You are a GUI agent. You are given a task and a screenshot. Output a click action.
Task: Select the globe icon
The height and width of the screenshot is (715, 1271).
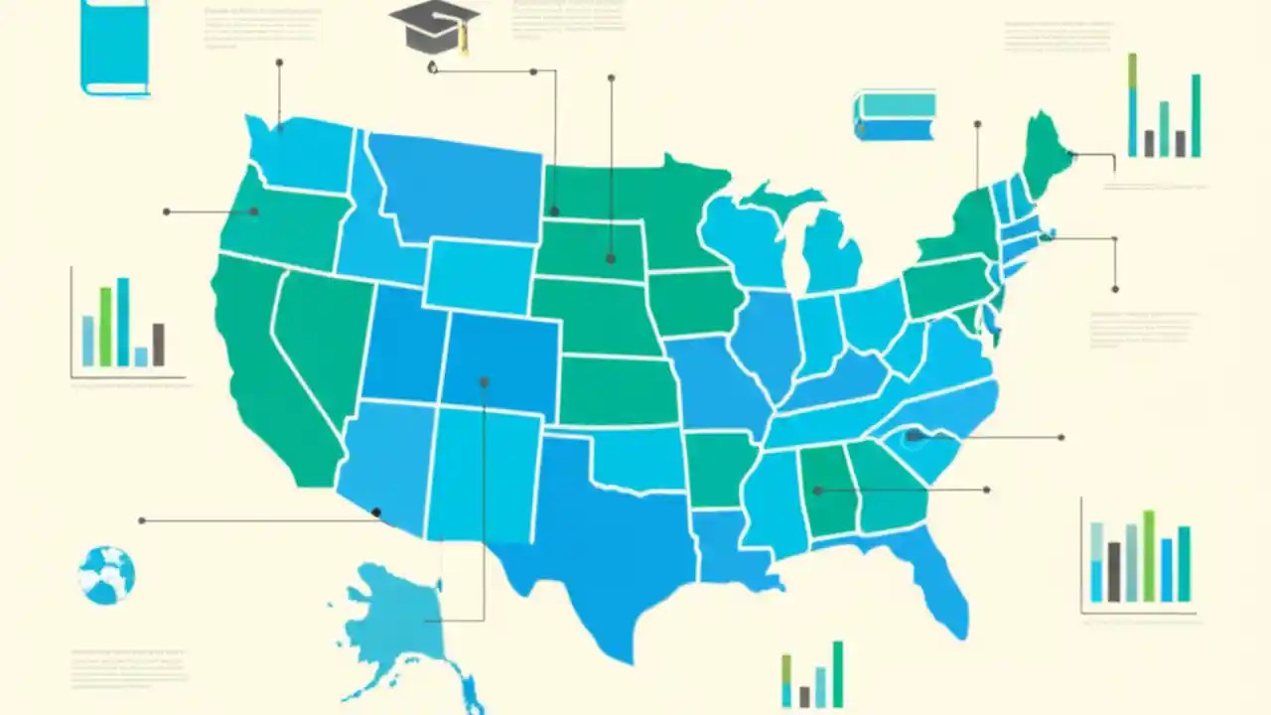click(106, 575)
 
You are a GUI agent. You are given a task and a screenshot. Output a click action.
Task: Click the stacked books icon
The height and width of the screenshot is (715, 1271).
click(895, 116)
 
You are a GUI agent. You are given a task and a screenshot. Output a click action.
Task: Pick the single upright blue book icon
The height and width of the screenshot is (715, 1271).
click(114, 46)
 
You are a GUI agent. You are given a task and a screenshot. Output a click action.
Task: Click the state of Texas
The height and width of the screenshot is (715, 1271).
click(596, 536)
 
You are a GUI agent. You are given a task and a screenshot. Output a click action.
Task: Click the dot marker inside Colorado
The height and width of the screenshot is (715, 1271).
click(485, 381)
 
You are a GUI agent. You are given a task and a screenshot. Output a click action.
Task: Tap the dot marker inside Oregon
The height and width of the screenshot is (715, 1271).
click(254, 212)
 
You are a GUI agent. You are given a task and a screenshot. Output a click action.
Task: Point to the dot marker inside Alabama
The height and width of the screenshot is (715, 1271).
click(818, 491)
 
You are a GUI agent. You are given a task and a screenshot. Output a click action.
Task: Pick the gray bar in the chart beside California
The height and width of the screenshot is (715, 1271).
click(158, 345)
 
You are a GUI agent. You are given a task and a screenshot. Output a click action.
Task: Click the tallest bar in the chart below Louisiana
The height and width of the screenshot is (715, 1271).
click(838, 673)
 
